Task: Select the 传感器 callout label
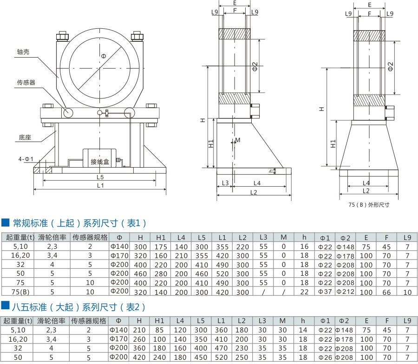click(26, 83)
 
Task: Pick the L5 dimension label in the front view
click(100, 177)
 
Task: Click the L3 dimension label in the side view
click(225, 183)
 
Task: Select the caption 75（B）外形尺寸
click(369, 204)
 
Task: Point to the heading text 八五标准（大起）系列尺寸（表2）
click(79, 307)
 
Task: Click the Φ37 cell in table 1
click(325, 292)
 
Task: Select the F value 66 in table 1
click(386, 292)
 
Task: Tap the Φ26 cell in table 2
click(325, 357)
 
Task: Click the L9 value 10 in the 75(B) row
click(407, 292)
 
